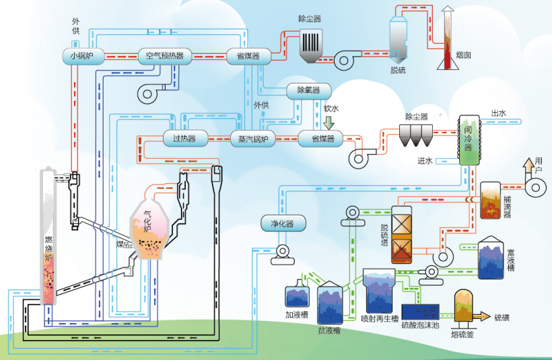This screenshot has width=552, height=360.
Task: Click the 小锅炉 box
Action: pos(83,56)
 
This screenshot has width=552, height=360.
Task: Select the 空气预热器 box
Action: pos(165,56)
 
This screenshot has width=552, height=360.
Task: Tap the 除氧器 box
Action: pos(304,89)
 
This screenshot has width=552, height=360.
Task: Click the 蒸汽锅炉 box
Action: pos(253,139)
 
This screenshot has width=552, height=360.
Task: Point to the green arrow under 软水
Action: pos(329,122)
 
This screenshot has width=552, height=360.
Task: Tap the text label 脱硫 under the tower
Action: pos(399,69)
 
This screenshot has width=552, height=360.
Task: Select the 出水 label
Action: pos(498,114)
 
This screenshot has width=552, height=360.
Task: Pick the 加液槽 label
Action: pos(296,314)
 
